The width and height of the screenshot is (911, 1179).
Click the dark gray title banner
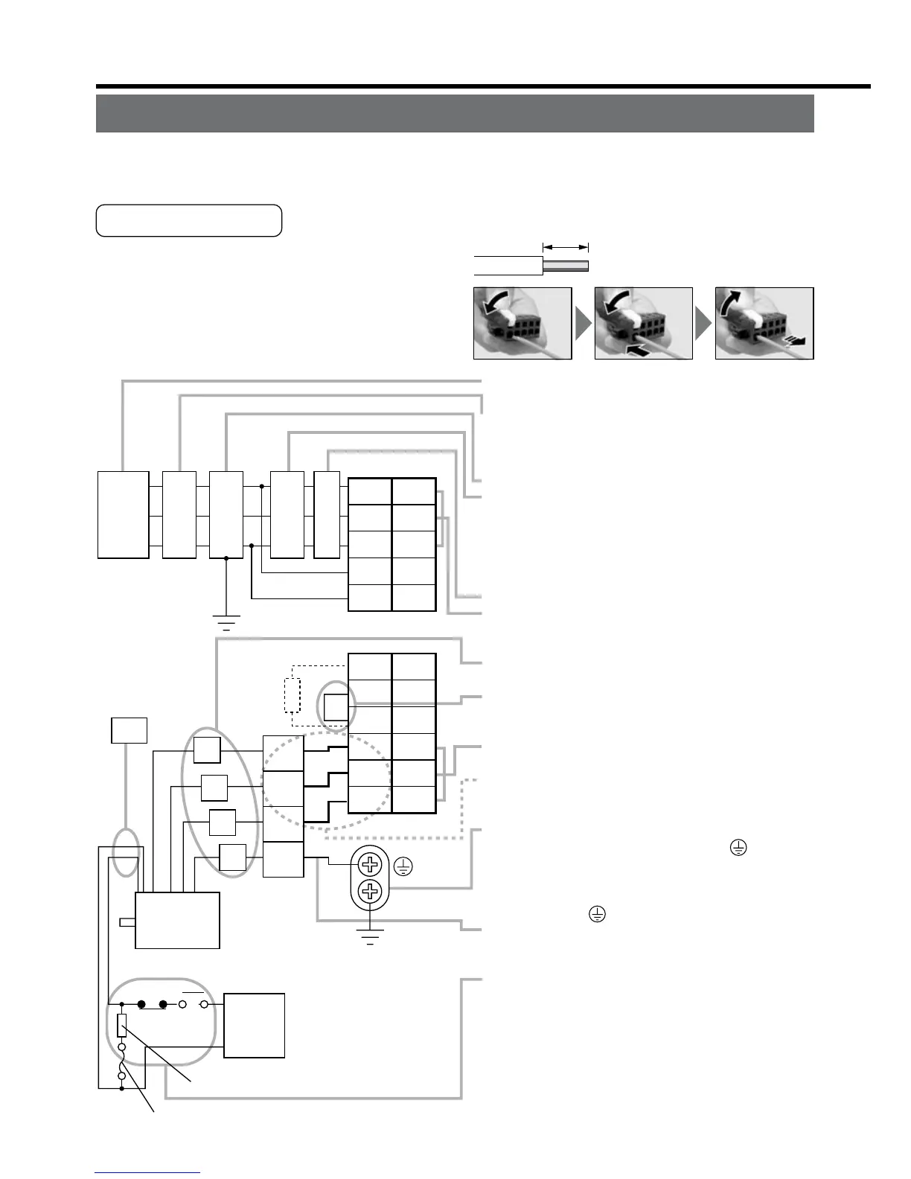455,113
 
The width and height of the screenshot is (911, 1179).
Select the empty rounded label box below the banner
189,220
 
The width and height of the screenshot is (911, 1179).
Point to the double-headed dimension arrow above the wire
566,246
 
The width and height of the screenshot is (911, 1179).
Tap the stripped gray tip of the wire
566,266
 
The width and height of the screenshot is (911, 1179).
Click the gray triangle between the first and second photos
583,324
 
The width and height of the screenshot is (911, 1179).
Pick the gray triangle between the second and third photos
703,324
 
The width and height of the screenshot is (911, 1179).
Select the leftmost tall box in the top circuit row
124,514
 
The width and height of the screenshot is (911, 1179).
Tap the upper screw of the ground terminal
370,864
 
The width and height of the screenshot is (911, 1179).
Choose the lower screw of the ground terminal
370,891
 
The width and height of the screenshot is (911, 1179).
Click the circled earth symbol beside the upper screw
403,866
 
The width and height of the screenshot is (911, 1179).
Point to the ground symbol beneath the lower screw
370,936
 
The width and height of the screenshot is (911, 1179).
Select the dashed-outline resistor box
292,695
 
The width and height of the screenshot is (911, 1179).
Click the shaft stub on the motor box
127,922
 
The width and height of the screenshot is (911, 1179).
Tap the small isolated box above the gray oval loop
129,730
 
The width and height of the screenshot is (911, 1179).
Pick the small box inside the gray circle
336,706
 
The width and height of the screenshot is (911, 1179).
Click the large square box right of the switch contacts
254,1025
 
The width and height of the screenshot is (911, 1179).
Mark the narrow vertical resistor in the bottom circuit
122,1026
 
